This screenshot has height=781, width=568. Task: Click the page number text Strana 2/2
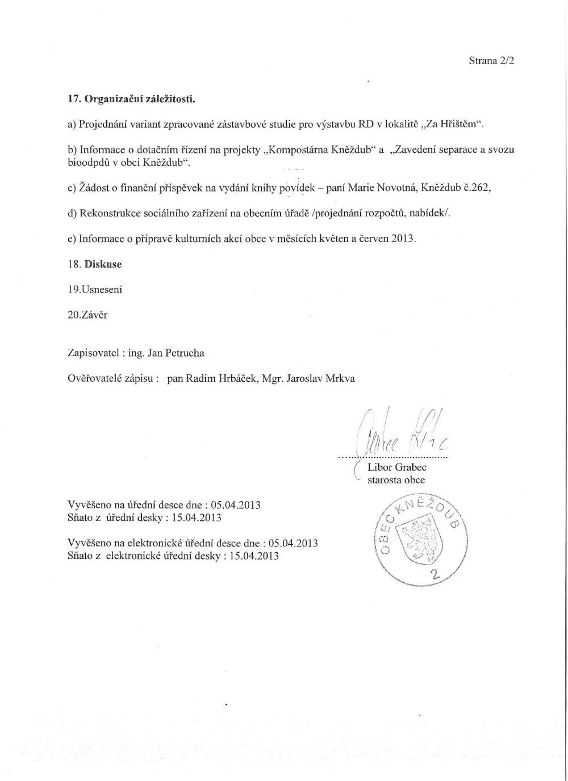pos(491,61)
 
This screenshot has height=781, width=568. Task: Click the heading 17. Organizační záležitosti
pos(131,99)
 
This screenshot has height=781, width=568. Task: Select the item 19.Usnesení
pos(95,289)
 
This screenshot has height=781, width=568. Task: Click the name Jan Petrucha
pos(176,353)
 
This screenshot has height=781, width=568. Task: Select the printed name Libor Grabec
pos(397,467)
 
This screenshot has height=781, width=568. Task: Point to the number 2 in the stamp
pos(436,575)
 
